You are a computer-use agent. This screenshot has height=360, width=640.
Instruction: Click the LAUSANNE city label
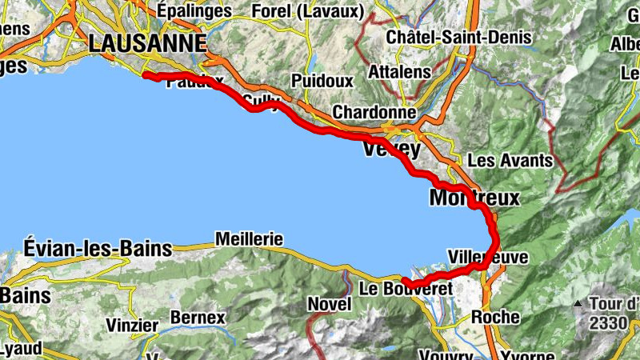(148, 43)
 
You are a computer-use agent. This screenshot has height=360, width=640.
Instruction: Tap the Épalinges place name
(194, 11)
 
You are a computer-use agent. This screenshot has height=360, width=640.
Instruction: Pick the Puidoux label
(322, 81)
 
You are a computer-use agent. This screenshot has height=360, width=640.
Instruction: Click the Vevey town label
(392, 150)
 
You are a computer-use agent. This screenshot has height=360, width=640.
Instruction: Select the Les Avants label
(510, 160)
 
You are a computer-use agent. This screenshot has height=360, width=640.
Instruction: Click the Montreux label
(474, 197)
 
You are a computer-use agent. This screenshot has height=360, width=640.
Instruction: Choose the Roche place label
(495, 317)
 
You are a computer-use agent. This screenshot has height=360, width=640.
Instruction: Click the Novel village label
(330, 304)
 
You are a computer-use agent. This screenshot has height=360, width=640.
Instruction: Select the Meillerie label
(250, 238)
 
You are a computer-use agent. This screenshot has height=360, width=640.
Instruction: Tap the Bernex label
(198, 318)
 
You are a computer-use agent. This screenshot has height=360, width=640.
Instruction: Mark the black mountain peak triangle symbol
(578, 305)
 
